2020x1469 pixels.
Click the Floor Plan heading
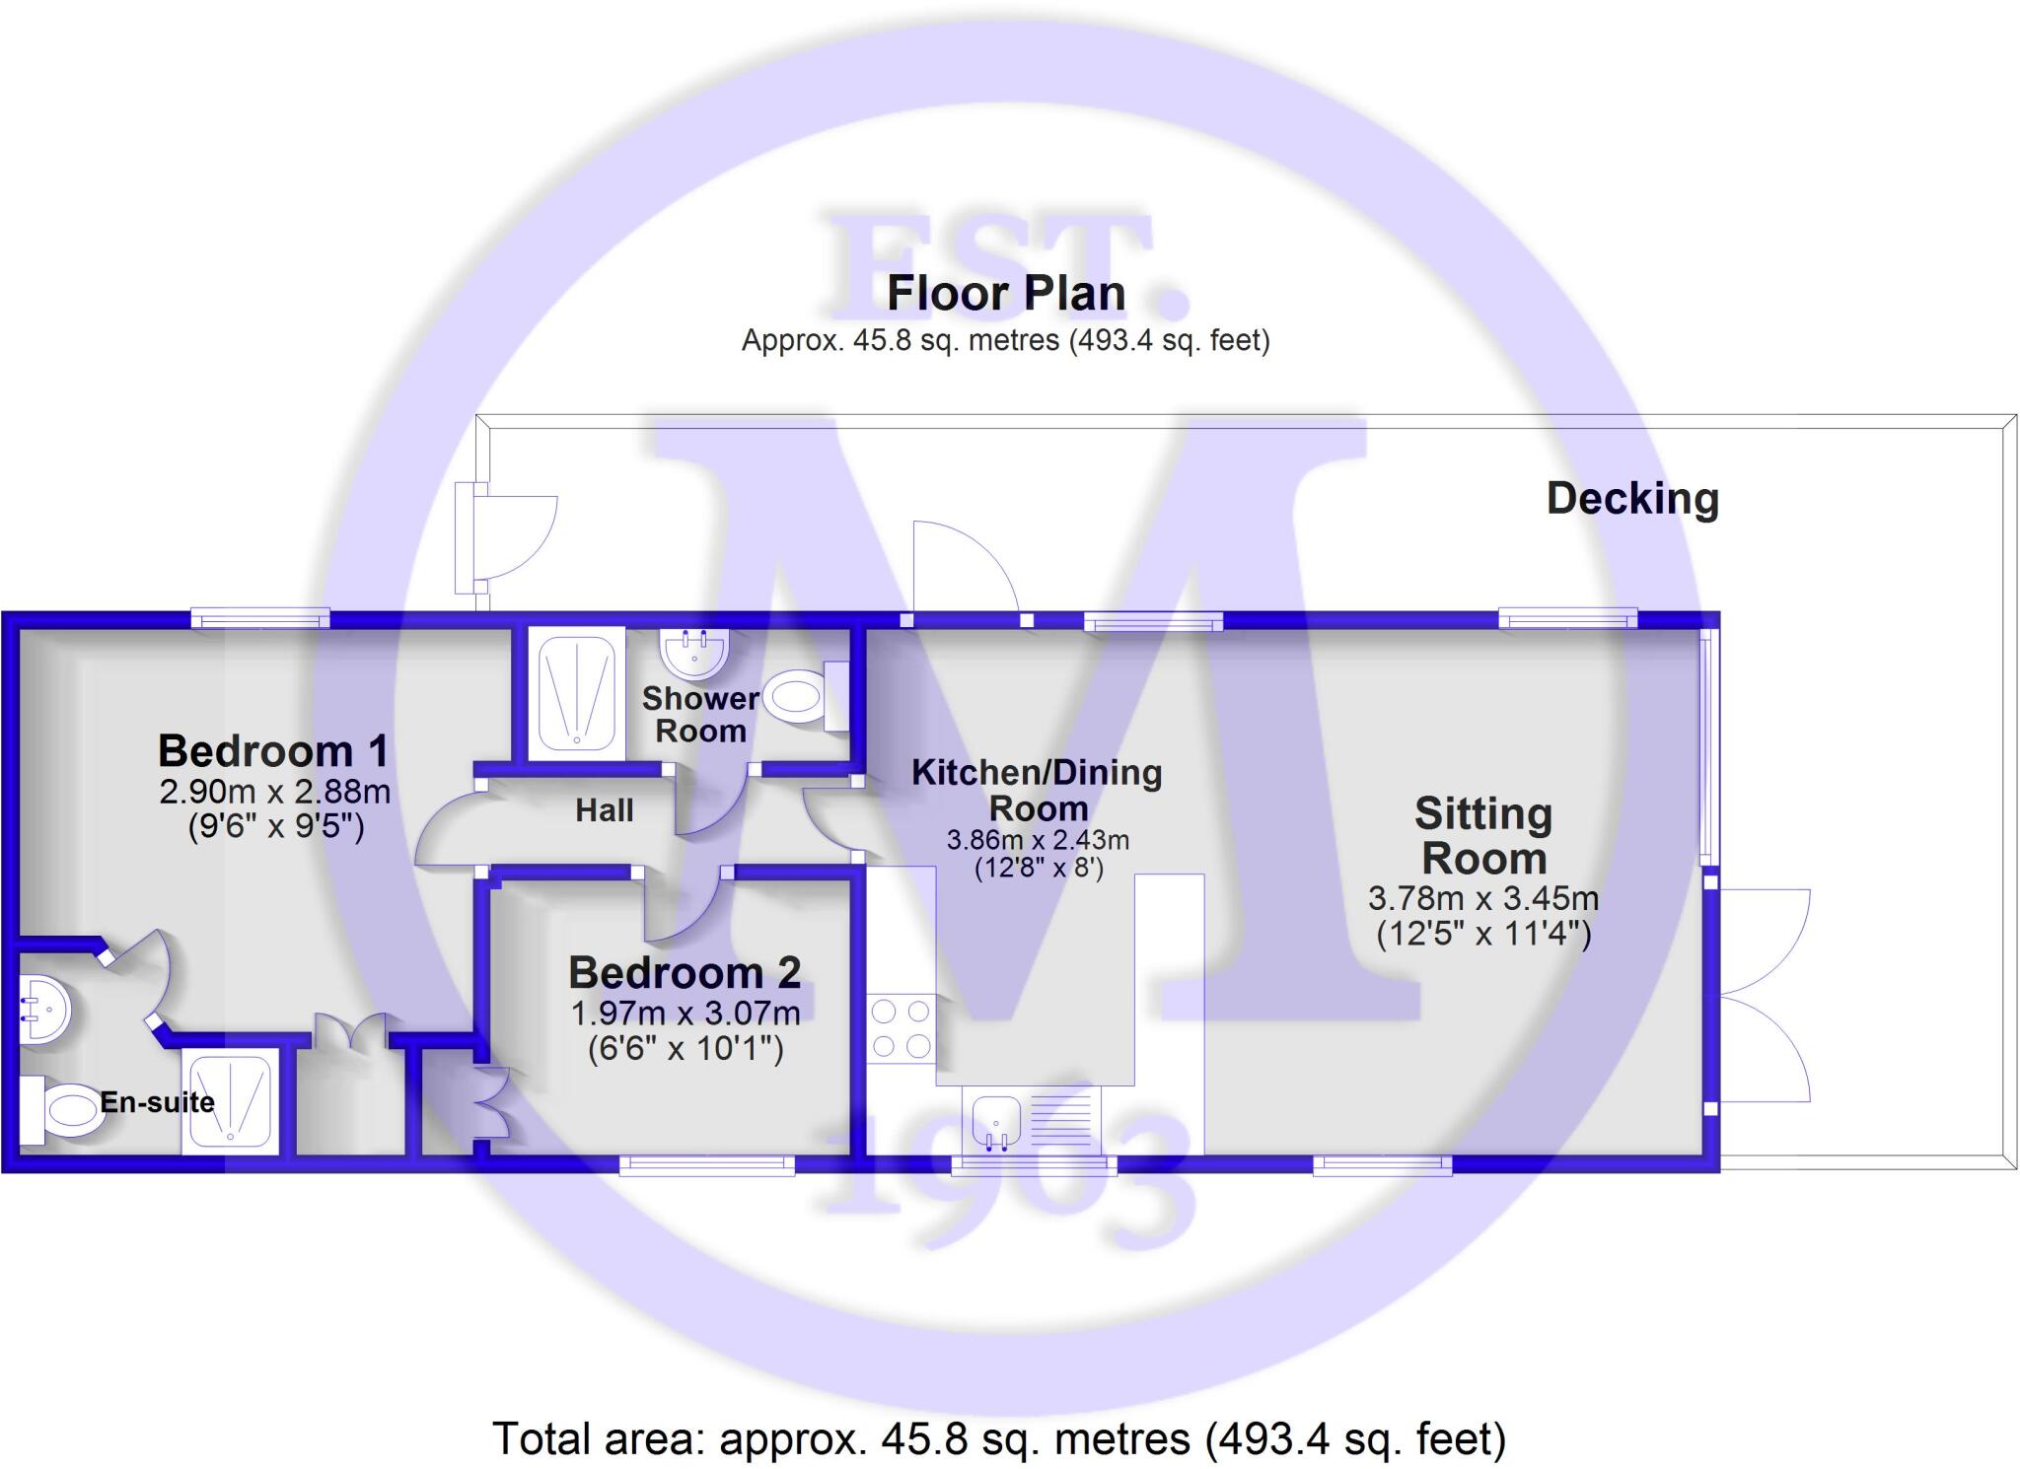(x=1006, y=293)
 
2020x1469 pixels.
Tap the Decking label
(x=1632, y=498)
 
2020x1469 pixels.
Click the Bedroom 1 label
(x=273, y=751)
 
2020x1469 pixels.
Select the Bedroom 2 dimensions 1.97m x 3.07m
(x=685, y=1013)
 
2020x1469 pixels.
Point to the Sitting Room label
(x=1483, y=836)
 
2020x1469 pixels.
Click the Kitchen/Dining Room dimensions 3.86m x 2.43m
(x=1038, y=840)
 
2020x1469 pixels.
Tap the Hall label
(x=604, y=810)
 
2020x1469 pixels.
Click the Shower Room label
(x=700, y=715)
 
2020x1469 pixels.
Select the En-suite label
(x=158, y=1101)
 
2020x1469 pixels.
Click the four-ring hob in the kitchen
(x=901, y=1028)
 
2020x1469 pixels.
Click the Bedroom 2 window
(x=706, y=1165)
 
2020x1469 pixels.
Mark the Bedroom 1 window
(x=259, y=619)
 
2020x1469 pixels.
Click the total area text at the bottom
(x=999, y=1438)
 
